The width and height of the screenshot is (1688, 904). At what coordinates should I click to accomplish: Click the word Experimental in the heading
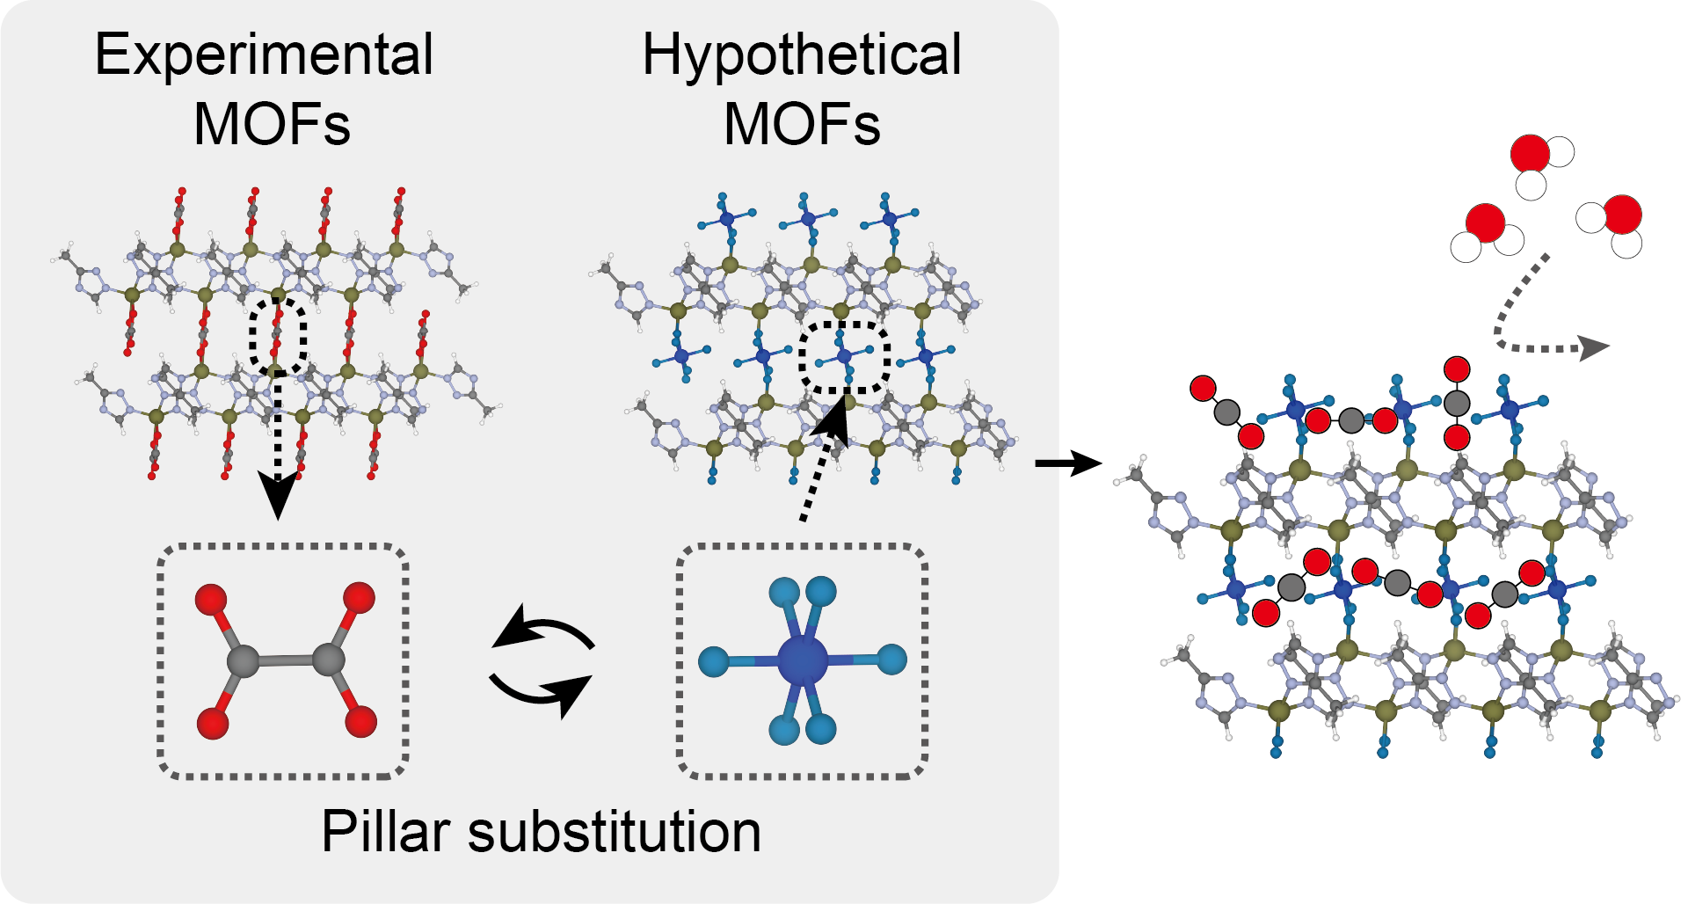pos(264,55)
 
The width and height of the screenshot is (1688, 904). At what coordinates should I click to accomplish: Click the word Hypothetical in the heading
pos(802,55)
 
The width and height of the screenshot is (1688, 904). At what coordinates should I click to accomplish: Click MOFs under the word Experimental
pos(272,124)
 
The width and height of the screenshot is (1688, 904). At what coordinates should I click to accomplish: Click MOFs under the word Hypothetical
pos(802,124)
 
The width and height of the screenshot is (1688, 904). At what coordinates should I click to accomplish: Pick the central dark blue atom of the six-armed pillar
pos(803,660)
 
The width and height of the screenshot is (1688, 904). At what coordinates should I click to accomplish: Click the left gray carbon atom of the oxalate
pos(243,660)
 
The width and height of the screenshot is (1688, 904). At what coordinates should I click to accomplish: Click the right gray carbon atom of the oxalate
pos(328,659)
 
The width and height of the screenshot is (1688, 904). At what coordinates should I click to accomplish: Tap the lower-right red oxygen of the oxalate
pos(360,722)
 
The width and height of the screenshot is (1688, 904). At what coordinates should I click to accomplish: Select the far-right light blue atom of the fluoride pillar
pos(891,659)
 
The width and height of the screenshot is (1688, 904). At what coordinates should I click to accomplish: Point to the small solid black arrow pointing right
pos(1067,463)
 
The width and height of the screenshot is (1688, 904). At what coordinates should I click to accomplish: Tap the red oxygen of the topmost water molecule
pos(1530,154)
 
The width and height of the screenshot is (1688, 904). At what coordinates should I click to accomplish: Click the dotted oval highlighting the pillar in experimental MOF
pos(278,335)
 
